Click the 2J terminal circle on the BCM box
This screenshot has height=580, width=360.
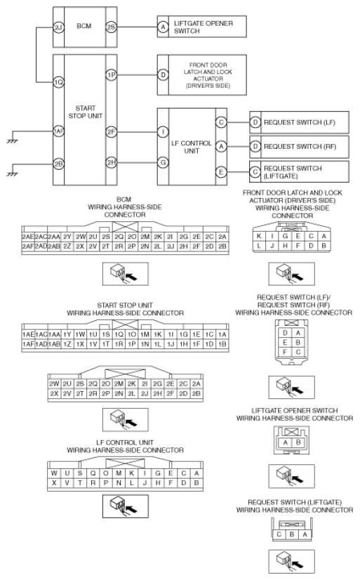[58, 27]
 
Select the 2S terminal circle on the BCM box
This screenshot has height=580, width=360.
[112, 27]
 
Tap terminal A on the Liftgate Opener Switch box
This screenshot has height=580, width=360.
[163, 27]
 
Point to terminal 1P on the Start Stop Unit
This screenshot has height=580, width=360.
[112, 75]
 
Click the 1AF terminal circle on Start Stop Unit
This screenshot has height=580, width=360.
[58, 131]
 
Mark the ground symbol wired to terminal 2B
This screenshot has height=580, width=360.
[12, 174]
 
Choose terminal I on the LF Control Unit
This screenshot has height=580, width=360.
[163, 132]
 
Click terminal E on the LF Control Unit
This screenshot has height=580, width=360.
[221, 172]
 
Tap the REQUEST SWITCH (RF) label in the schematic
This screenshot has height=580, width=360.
[300, 147]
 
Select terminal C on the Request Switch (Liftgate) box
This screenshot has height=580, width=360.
[255, 171]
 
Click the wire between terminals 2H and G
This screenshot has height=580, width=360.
[137, 162]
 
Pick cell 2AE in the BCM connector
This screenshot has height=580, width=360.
[28, 237]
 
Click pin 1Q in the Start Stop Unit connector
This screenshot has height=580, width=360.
[119, 334]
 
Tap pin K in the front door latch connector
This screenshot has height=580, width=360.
[259, 236]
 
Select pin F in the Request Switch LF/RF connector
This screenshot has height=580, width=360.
[285, 352]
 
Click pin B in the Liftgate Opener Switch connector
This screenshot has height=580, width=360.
[298, 442]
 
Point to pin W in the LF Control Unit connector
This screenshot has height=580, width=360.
[54, 473]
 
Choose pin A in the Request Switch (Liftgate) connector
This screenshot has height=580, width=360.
[305, 534]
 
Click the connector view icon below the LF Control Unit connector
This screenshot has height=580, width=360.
[126, 506]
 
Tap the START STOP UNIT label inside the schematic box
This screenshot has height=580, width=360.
[86, 112]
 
